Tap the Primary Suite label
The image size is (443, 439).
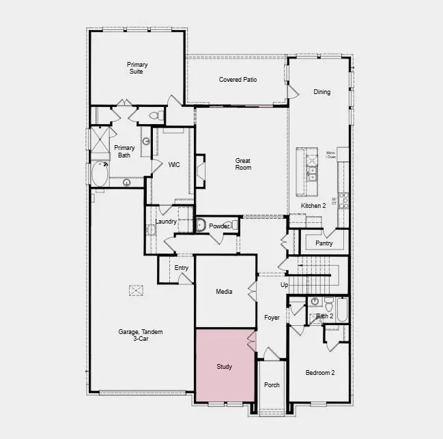pos(137,68)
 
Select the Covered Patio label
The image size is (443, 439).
pos(238,80)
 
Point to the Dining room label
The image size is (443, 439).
pos(321,92)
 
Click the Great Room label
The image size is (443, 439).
pos(243,164)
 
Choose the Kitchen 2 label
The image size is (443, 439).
pos(314,206)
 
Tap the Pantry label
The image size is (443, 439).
pos(324,243)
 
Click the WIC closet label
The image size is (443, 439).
pos(174,165)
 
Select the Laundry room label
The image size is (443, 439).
pos(166,222)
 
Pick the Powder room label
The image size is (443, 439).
pos(218,226)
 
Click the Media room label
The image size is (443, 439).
pos(224,292)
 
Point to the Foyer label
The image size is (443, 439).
pos(272,318)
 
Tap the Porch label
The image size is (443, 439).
pos(272,385)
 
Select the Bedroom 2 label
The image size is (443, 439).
pos(319,372)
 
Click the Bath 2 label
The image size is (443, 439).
pos(324,316)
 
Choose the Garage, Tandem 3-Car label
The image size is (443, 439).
pos(141,335)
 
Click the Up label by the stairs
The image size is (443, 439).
pos(285,285)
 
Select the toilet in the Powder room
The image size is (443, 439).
pos(201,224)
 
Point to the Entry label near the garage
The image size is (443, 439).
pos(181,268)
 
